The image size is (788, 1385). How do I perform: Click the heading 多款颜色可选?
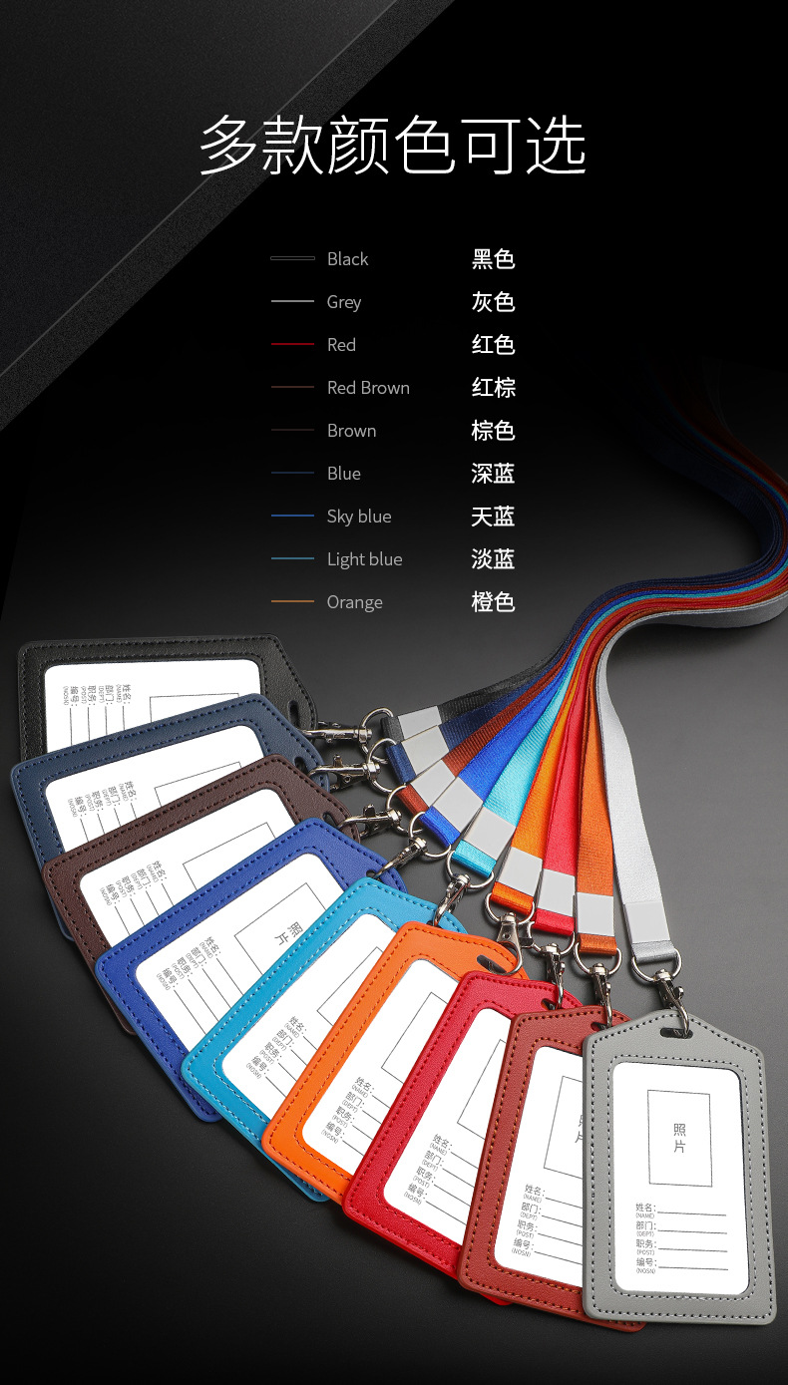[x=393, y=146]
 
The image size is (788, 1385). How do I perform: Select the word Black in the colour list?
[x=347, y=259]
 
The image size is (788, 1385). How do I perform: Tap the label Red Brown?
[x=368, y=388]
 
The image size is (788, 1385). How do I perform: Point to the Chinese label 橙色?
[x=493, y=602]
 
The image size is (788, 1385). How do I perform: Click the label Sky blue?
[x=359, y=517]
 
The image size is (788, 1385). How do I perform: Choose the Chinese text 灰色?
[x=493, y=302]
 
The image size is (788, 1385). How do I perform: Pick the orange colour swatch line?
[x=292, y=602]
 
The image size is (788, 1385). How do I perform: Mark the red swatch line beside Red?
[x=292, y=345]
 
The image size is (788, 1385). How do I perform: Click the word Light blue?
[x=364, y=559]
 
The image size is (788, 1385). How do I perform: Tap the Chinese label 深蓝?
[x=493, y=474]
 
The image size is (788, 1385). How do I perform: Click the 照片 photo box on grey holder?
[x=679, y=1138]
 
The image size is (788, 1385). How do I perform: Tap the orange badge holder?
[x=299, y=1117]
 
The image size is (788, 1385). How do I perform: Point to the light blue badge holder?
[x=214, y=1057]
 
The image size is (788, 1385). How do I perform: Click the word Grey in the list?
[x=344, y=302]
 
